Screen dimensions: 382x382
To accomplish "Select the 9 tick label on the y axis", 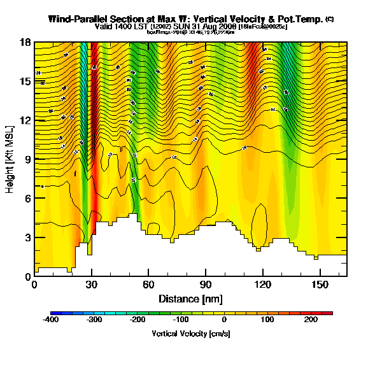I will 28,159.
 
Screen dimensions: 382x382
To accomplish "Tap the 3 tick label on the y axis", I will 28,237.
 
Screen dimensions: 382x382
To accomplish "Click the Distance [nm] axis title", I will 190,298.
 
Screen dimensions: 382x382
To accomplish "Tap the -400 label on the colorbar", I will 50,320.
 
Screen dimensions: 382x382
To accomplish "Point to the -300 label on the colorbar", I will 94,320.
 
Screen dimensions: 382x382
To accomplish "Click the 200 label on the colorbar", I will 311,320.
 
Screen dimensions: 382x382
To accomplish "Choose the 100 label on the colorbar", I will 267,320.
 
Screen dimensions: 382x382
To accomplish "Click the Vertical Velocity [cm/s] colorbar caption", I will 191,333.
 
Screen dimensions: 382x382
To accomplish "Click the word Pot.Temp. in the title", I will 301,19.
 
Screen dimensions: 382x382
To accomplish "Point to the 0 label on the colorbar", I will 224,320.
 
